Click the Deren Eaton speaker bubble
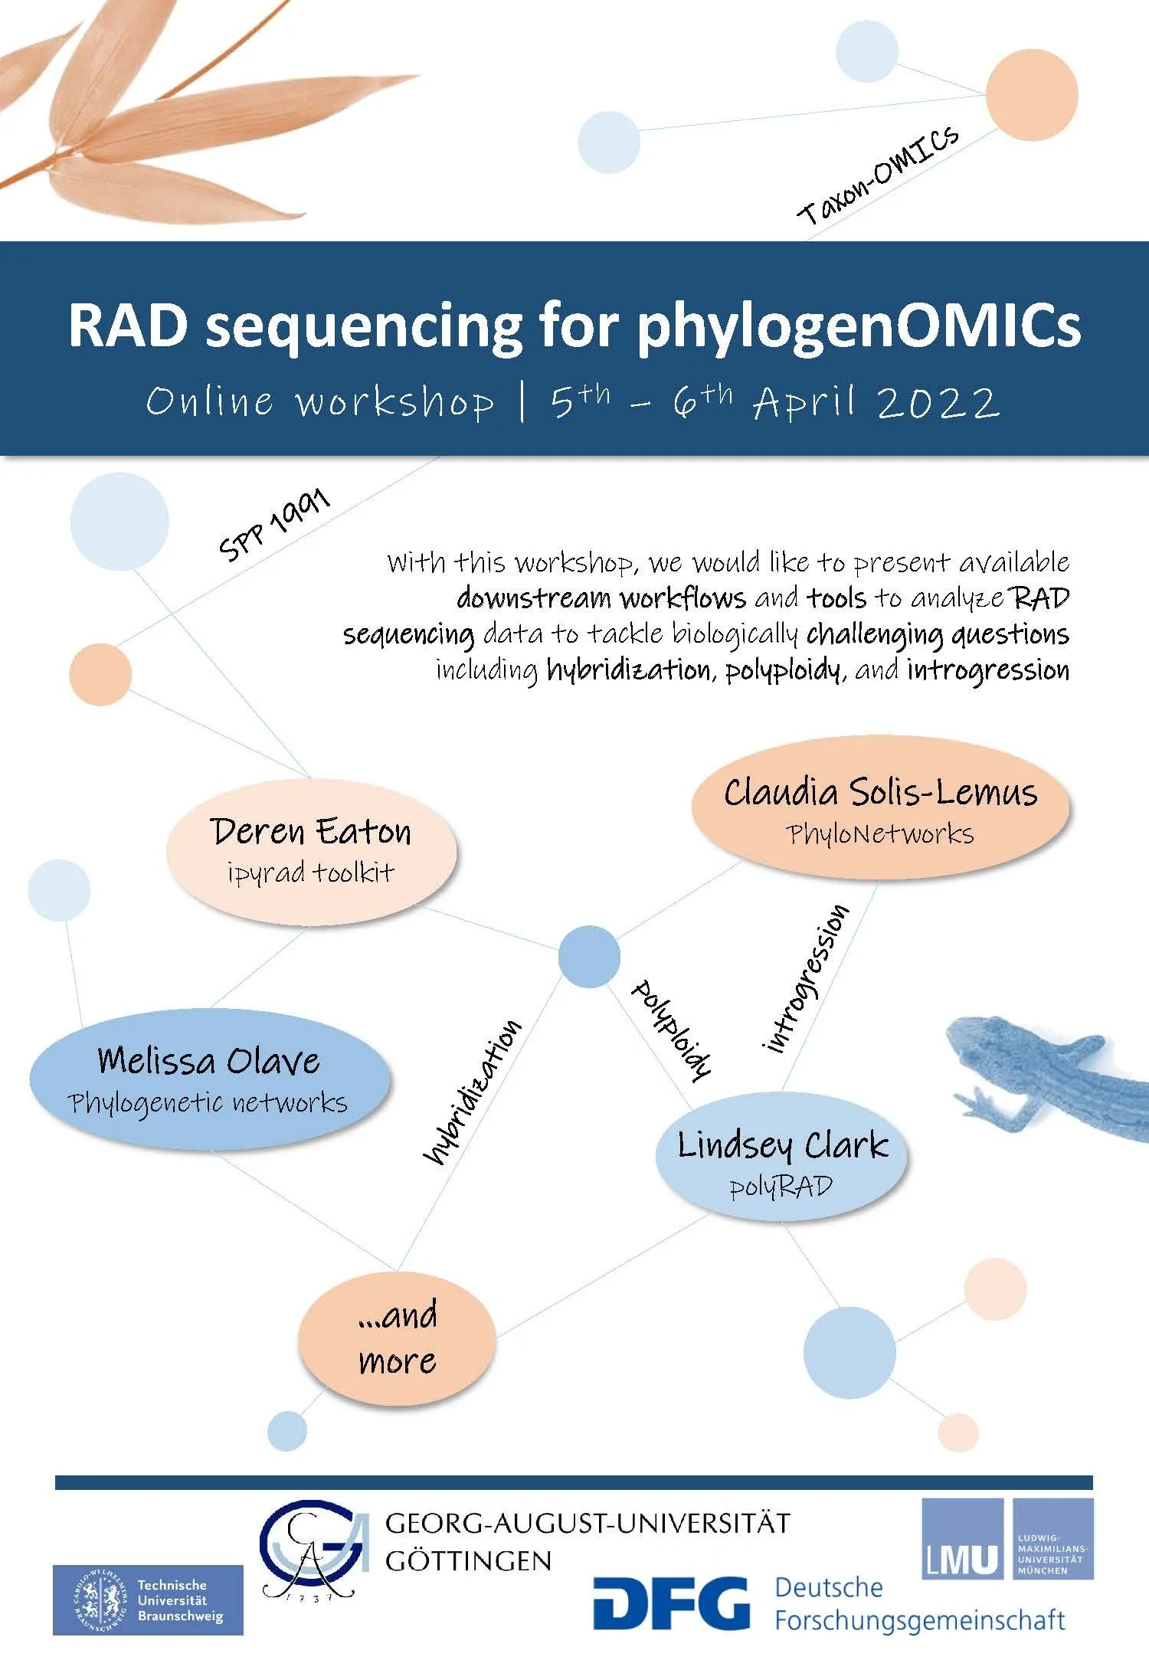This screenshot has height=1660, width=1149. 311,851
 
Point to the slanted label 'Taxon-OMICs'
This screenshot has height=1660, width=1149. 878,176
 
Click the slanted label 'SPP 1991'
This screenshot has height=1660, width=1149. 274,526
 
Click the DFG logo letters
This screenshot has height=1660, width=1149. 672,1603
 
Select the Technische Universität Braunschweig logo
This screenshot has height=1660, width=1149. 148,1599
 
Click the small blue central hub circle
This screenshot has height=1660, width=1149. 589,956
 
